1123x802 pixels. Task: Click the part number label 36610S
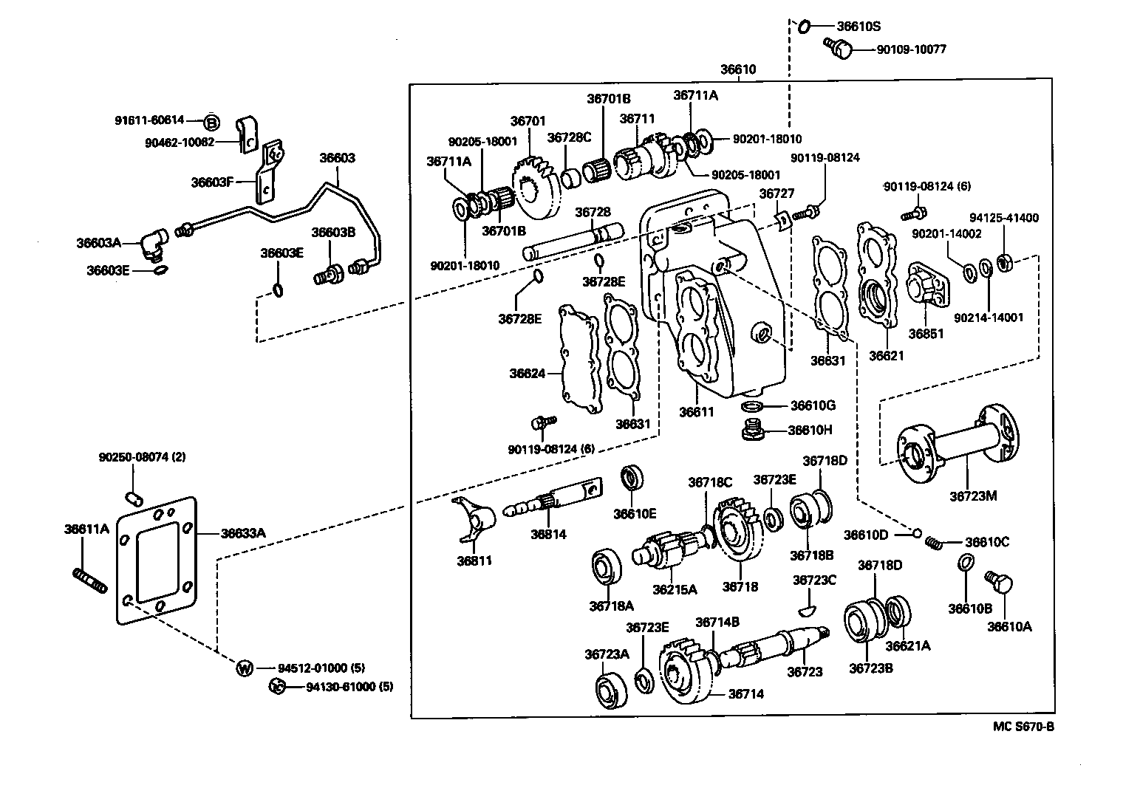pyautogui.click(x=858, y=26)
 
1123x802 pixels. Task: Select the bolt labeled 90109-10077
pyautogui.click(x=839, y=49)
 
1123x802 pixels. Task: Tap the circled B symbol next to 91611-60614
pyautogui.click(x=211, y=123)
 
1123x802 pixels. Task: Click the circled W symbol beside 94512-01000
pyautogui.click(x=245, y=668)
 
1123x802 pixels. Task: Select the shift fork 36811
pyautogui.click(x=473, y=518)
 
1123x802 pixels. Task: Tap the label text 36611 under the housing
pyautogui.click(x=697, y=412)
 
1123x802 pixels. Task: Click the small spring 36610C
pyautogui.click(x=935, y=543)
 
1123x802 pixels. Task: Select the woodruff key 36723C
pyautogui.click(x=809, y=609)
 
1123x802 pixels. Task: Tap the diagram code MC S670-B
pyautogui.click(x=1023, y=727)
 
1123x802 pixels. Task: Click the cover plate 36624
pyautogui.click(x=578, y=357)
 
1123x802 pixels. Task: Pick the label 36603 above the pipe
pyautogui.click(x=337, y=158)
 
